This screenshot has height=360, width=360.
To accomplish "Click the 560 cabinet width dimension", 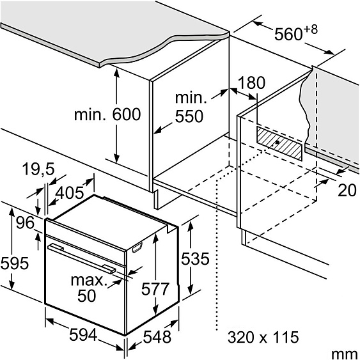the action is coord(288,34).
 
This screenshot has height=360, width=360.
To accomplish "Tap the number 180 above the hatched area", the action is coord(251,83).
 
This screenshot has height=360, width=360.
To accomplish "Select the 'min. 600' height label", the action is coord(107,114).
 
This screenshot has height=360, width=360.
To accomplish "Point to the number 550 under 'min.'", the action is coord(189,116).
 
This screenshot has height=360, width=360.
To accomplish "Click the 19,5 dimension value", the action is coord(38,169).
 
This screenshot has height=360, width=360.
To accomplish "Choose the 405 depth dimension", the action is coord(70,192).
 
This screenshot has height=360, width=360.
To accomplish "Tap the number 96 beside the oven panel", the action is coord(25,223).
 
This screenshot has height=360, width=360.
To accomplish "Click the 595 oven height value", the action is coord(15,263).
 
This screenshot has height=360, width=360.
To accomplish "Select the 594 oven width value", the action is coord(83,334).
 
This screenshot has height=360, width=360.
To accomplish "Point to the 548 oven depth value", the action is coord(157,337).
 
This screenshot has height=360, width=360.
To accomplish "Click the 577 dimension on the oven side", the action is coord(155,289).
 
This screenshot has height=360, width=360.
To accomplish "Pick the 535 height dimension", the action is coord(195,259).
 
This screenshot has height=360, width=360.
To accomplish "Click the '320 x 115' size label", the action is coord(263,337).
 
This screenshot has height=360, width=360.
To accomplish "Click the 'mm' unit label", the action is coord(345,354).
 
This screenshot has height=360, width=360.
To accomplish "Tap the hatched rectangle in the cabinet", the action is coord(279,143).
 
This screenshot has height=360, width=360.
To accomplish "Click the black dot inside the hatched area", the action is coord(278,143).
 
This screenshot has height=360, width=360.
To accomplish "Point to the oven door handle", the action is coord(81,258).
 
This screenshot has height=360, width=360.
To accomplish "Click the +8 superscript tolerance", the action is coord(311,30).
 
